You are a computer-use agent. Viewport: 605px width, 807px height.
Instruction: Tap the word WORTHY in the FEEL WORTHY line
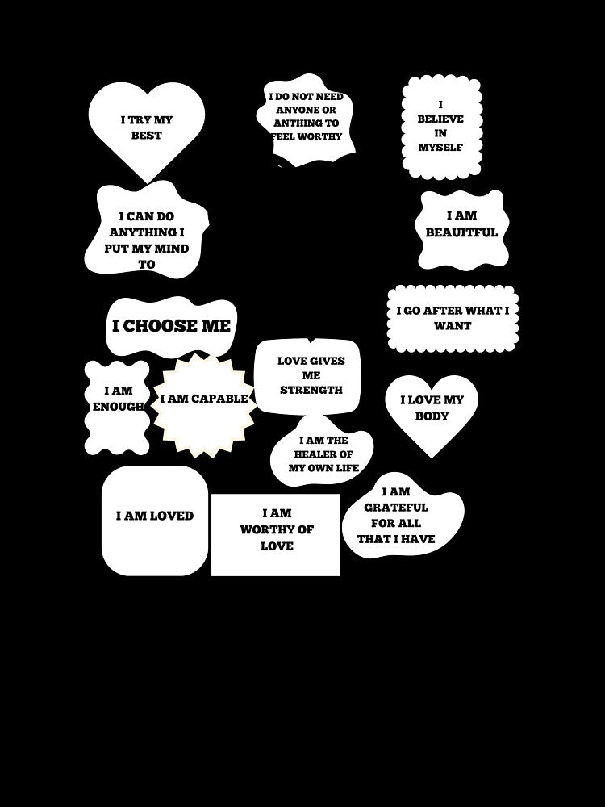[319, 136]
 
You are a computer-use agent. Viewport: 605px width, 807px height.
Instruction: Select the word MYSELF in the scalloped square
[440, 147]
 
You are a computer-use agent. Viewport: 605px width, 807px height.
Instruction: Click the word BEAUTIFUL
[461, 232]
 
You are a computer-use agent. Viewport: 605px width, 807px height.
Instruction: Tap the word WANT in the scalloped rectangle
[453, 326]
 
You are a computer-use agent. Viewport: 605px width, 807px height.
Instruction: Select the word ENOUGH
[118, 407]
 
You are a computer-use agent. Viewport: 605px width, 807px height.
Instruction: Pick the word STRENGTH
[311, 390]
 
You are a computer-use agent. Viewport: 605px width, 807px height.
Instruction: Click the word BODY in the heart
[432, 416]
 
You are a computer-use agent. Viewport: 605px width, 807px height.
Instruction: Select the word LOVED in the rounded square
[171, 516]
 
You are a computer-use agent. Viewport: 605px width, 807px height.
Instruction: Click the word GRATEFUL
[396, 508]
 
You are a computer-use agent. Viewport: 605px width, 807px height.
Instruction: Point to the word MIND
[171, 249]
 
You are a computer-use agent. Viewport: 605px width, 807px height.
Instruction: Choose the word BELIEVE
[440, 119]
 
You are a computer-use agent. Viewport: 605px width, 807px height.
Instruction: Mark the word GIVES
[327, 362]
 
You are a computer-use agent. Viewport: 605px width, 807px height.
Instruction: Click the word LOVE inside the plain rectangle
[277, 546]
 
